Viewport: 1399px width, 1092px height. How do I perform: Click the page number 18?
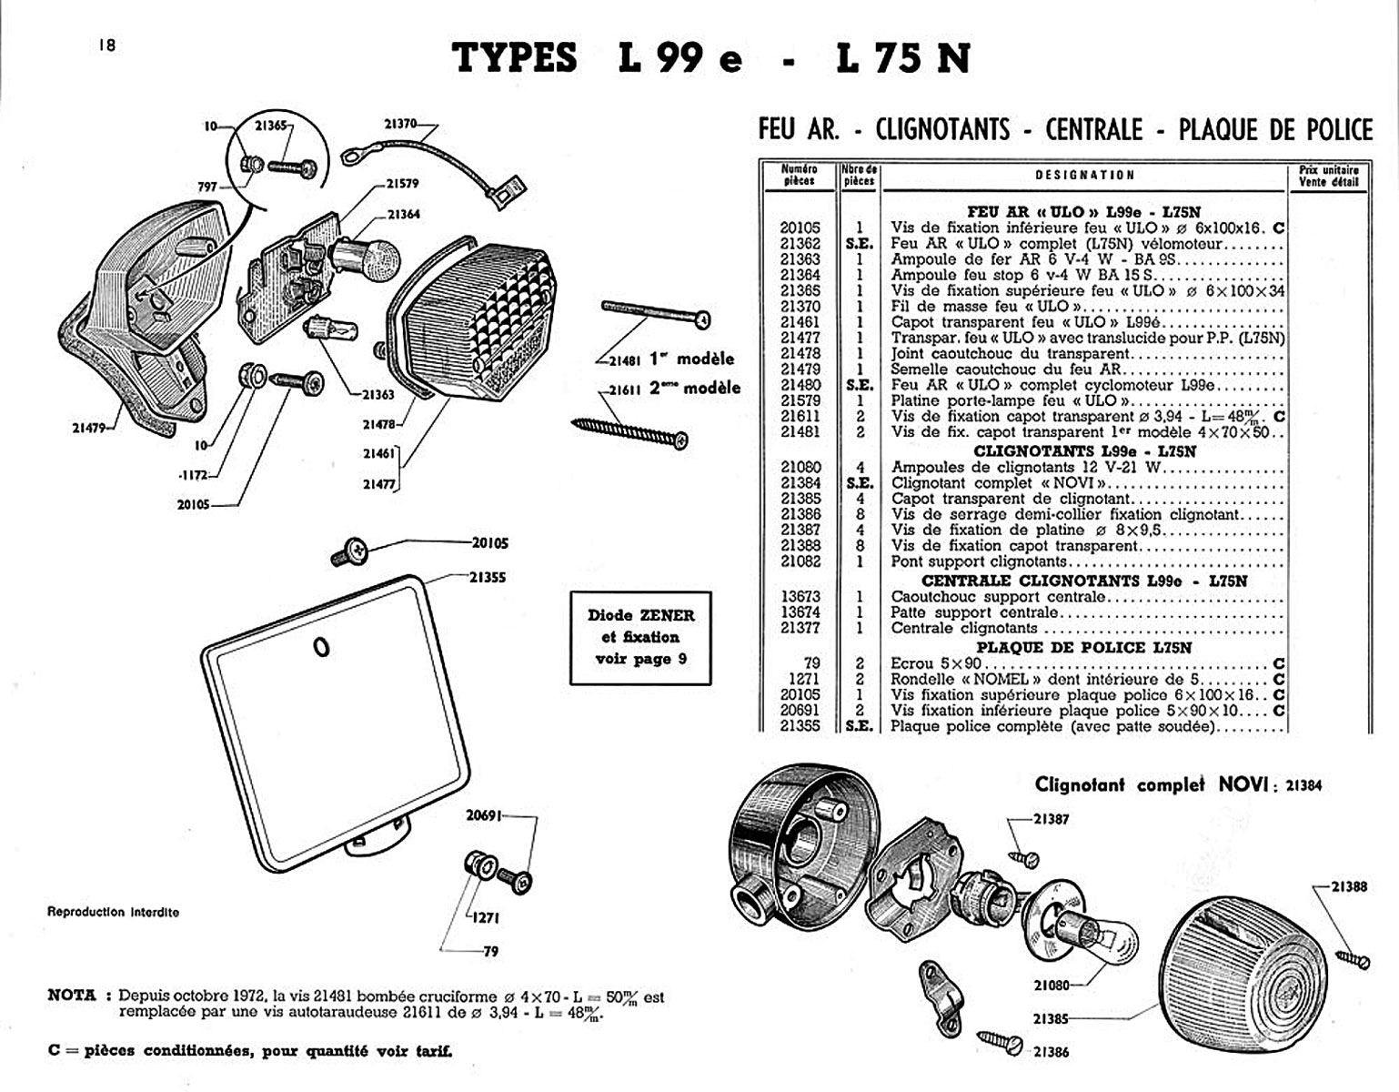pyautogui.click(x=107, y=45)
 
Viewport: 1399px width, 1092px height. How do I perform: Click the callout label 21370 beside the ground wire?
pyautogui.click(x=399, y=125)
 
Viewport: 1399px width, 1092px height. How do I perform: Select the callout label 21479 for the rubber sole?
pyautogui.click(x=91, y=428)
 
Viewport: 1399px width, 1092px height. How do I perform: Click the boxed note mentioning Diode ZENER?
pyautogui.click(x=640, y=637)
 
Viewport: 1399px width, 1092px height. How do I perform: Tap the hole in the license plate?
pyautogui.click(x=321, y=646)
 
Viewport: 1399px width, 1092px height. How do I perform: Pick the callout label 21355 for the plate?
pyautogui.click(x=488, y=577)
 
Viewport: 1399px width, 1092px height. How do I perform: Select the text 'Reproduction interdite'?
pyautogui.click(x=113, y=912)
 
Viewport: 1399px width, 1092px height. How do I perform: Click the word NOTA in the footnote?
pyautogui.click(x=71, y=996)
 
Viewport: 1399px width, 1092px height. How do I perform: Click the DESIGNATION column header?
pyautogui.click(x=1084, y=175)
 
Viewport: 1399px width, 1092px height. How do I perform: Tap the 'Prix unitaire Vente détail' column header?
pyautogui.click(x=1328, y=176)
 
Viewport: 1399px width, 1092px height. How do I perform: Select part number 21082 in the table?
pyautogui.click(x=800, y=561)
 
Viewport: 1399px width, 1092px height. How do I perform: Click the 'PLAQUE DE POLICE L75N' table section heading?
pyautogui.click(x=1083, y=647)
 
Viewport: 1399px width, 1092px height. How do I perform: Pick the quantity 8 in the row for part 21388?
pyautogui.click(x=859, y=546)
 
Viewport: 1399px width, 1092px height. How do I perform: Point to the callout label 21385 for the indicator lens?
pyautogui.click(x=1052, y=1019)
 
